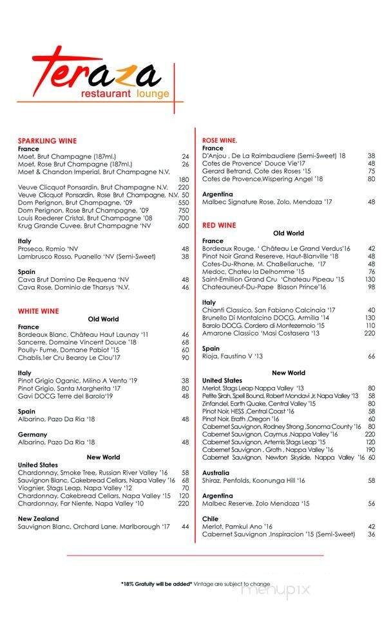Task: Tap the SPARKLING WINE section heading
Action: (47, 141)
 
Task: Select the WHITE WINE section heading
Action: (38, 311)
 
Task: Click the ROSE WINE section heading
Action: (220, 140)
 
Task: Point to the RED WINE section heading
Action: (219, 225)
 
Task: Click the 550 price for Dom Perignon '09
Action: (184, 203)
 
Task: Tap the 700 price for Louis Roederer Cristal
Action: (184, 218)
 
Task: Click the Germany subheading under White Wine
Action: (32, 435)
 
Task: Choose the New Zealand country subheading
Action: (39, 518)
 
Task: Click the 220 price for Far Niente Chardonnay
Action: (184, 503)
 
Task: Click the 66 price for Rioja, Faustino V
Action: (372, 356)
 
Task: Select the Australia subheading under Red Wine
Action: (216, 473)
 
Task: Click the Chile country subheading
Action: (211, 518)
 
